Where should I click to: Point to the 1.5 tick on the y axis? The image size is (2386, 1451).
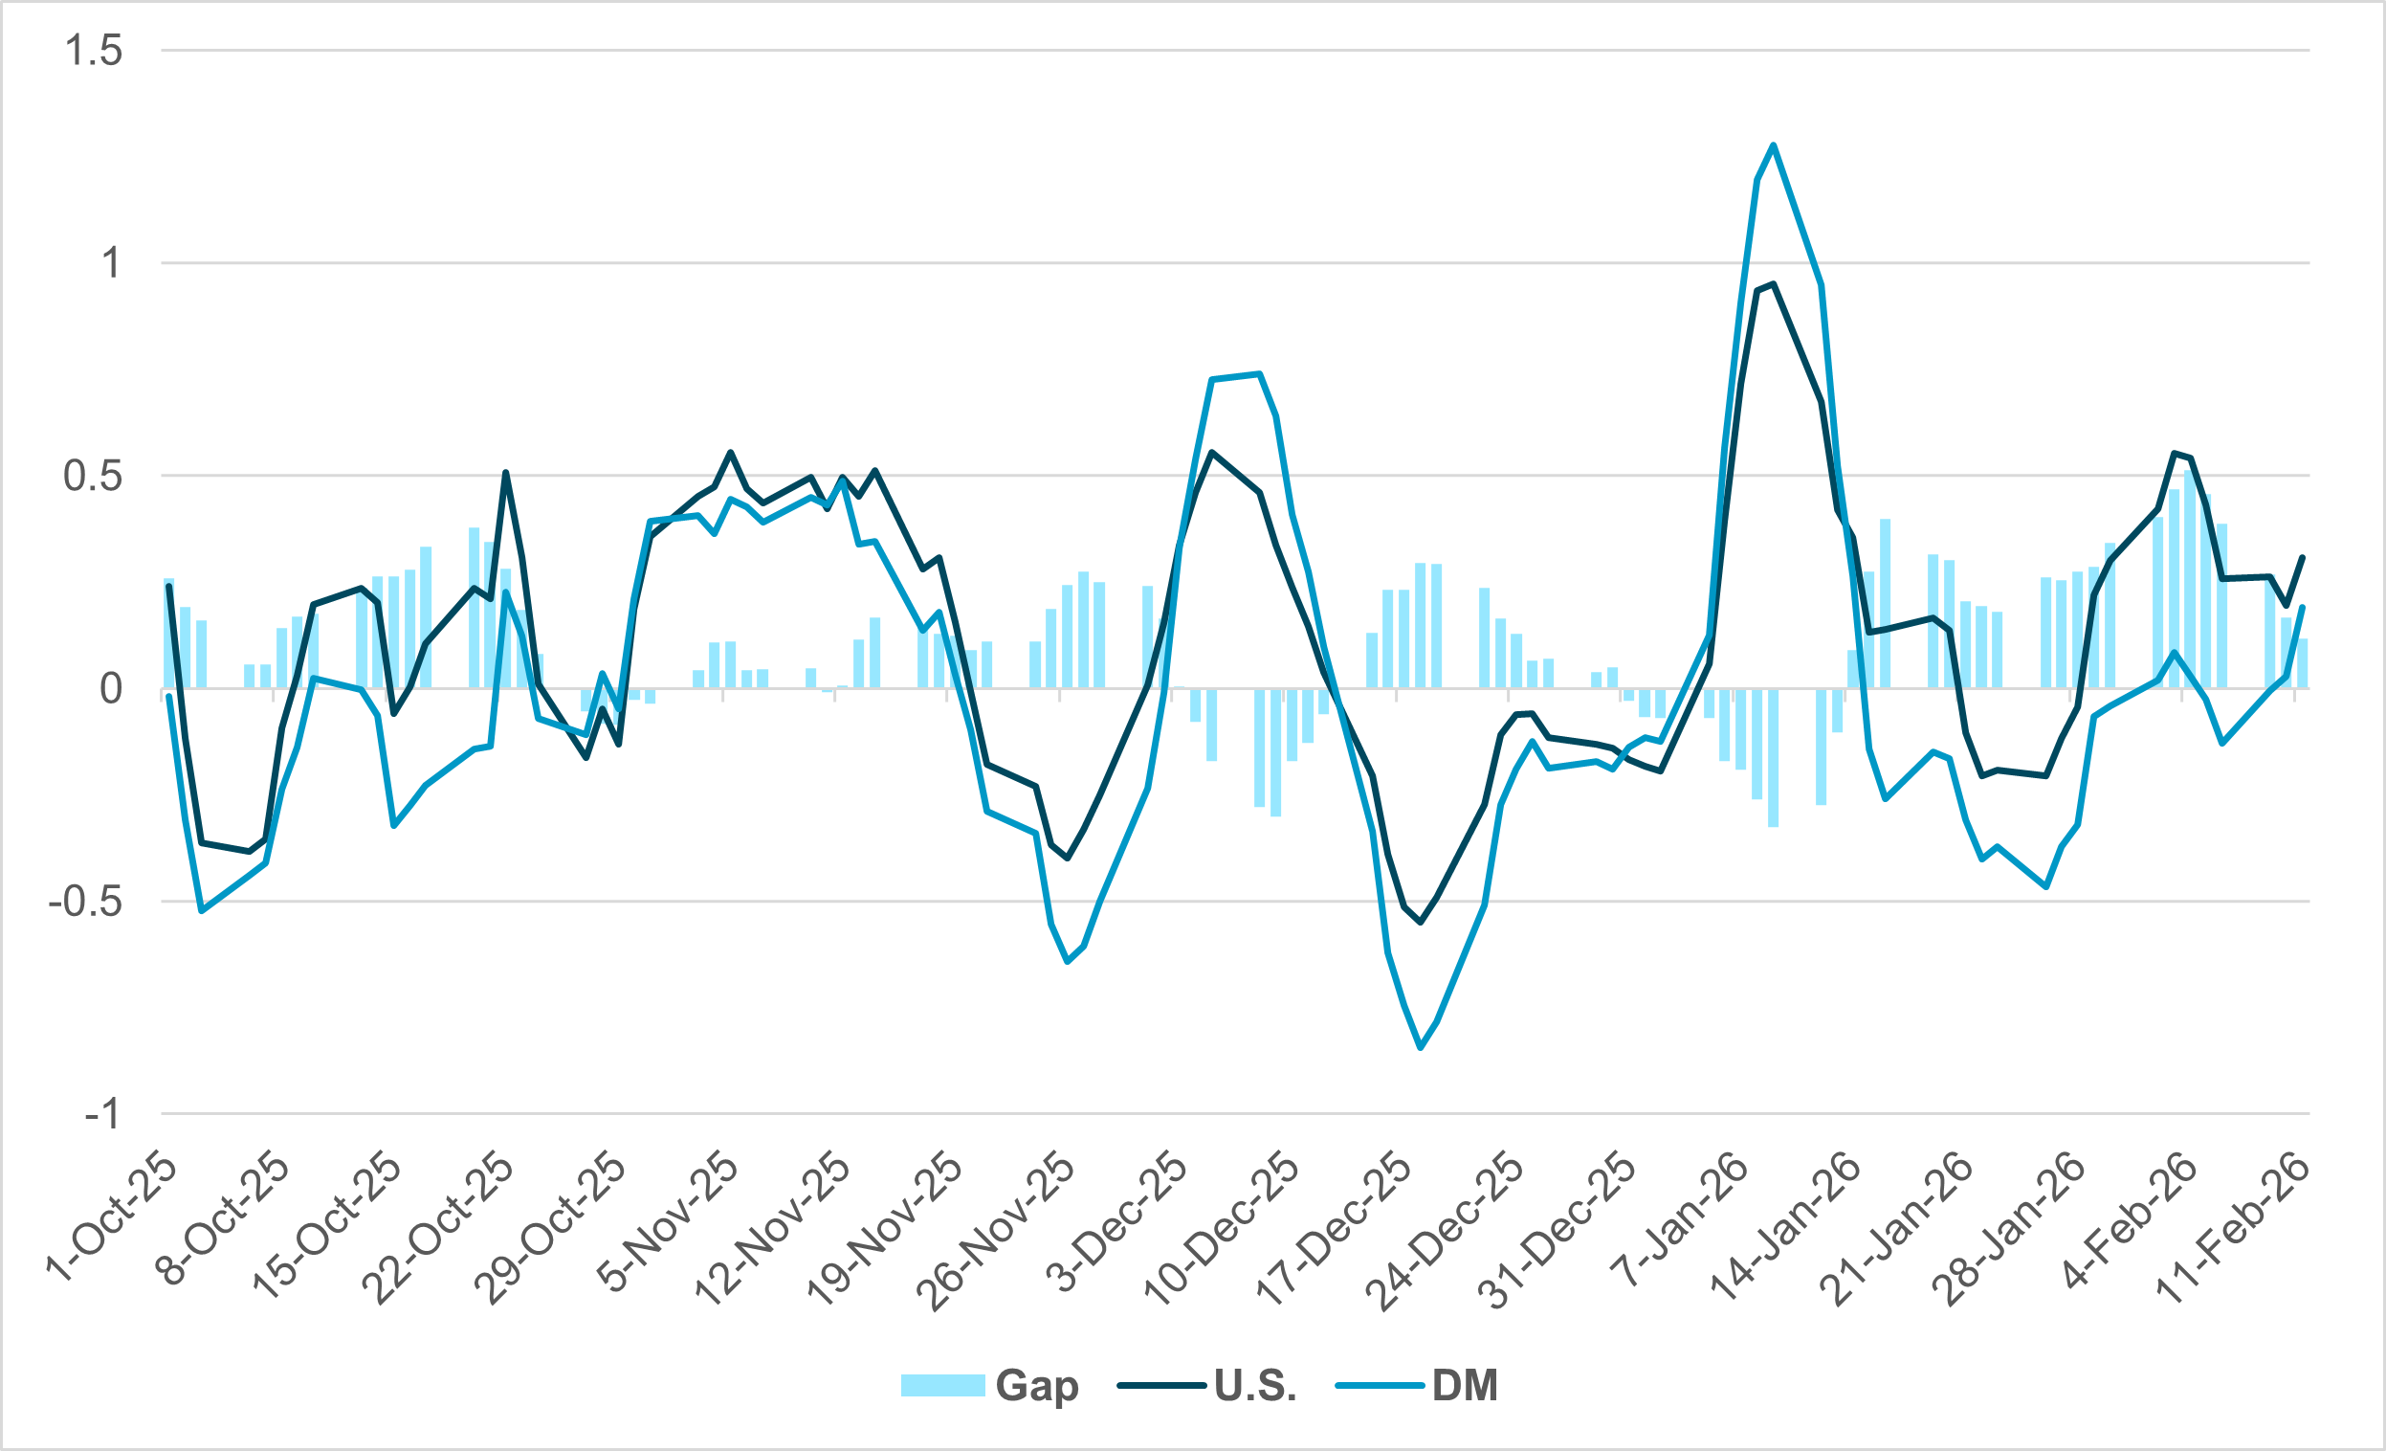(94, 51)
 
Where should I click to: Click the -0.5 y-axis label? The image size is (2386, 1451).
(86, 902)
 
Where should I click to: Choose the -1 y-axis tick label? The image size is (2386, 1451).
(102, 1115)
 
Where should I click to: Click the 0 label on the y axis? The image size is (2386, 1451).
(111, 689)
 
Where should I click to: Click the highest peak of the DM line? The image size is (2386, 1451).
(1773, 145)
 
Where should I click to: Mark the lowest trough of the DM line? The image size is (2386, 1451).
(1421, 1047)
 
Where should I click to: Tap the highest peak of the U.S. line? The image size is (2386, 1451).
(1773, 284)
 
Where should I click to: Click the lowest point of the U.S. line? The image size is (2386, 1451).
(1421, 922)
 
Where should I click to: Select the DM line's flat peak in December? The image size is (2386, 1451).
(1236, 377)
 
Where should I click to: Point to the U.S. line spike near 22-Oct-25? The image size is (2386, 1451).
(505, 473)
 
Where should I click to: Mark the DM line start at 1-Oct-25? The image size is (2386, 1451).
(169, 697)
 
